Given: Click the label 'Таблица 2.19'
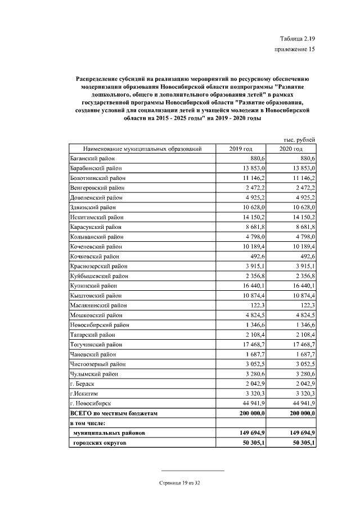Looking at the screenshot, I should pyautogui.click(x=297, y=38).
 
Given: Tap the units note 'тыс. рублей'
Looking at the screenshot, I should pyautogui.click(x=298, y=139).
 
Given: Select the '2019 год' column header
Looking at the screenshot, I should pyautogui.click(x=241, y=149).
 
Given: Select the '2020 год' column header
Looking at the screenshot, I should pyautogui.click(x=291, y=149).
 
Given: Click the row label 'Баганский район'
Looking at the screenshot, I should pyautogui.click(x=92, y=159).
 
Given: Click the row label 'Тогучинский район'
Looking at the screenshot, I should pyautogui.click(x=95, y=344).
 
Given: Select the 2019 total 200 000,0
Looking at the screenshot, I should pyautogui.click(x=251, y=413).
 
